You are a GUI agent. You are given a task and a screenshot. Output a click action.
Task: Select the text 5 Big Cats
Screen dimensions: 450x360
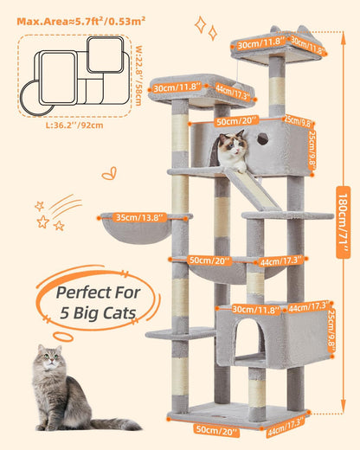tap(97, 312)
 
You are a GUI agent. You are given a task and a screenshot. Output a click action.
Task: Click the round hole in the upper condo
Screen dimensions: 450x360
tap(263, 138)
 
